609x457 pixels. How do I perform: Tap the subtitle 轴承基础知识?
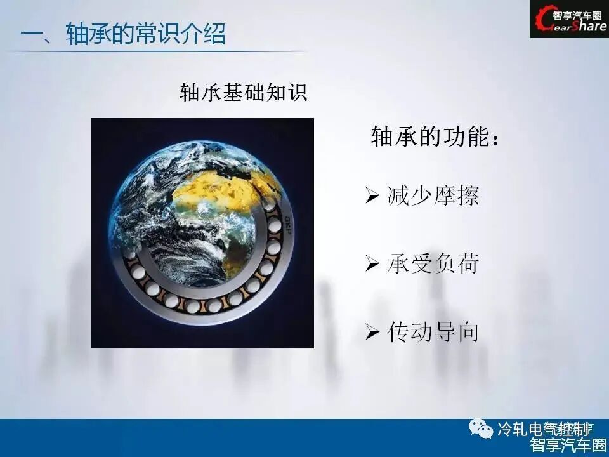pyautogui.click(x=244, y=93)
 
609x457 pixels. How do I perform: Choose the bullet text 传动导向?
pyautogui.click(x=433, y=332)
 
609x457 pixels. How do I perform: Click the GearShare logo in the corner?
pyautogui.click(x=568, y=19)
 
